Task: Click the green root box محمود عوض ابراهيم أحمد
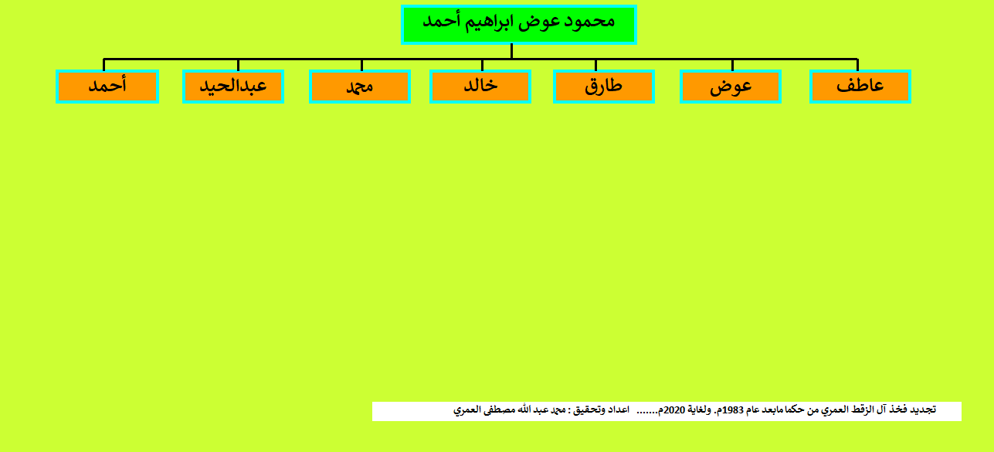click(519, 25)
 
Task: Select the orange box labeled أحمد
click(107, 87)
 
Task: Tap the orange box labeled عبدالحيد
click(233, 87)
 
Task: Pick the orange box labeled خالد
click(480, 87)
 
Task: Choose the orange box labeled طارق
click(604, 87)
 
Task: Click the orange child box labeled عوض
click(731, 87)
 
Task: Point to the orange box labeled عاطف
click(860, 87)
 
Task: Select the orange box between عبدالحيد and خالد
click(360, 87)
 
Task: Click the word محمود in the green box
click(589, 22)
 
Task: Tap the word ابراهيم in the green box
click(489, 22)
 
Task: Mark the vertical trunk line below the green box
click(511, 51)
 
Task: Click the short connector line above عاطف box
click(858, 65)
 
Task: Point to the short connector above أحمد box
click(103, 65)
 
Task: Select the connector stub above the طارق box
click(596, 65)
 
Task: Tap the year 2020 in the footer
click(675, 410)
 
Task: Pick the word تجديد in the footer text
click(923, 410)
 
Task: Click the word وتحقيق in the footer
click(589, 410)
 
